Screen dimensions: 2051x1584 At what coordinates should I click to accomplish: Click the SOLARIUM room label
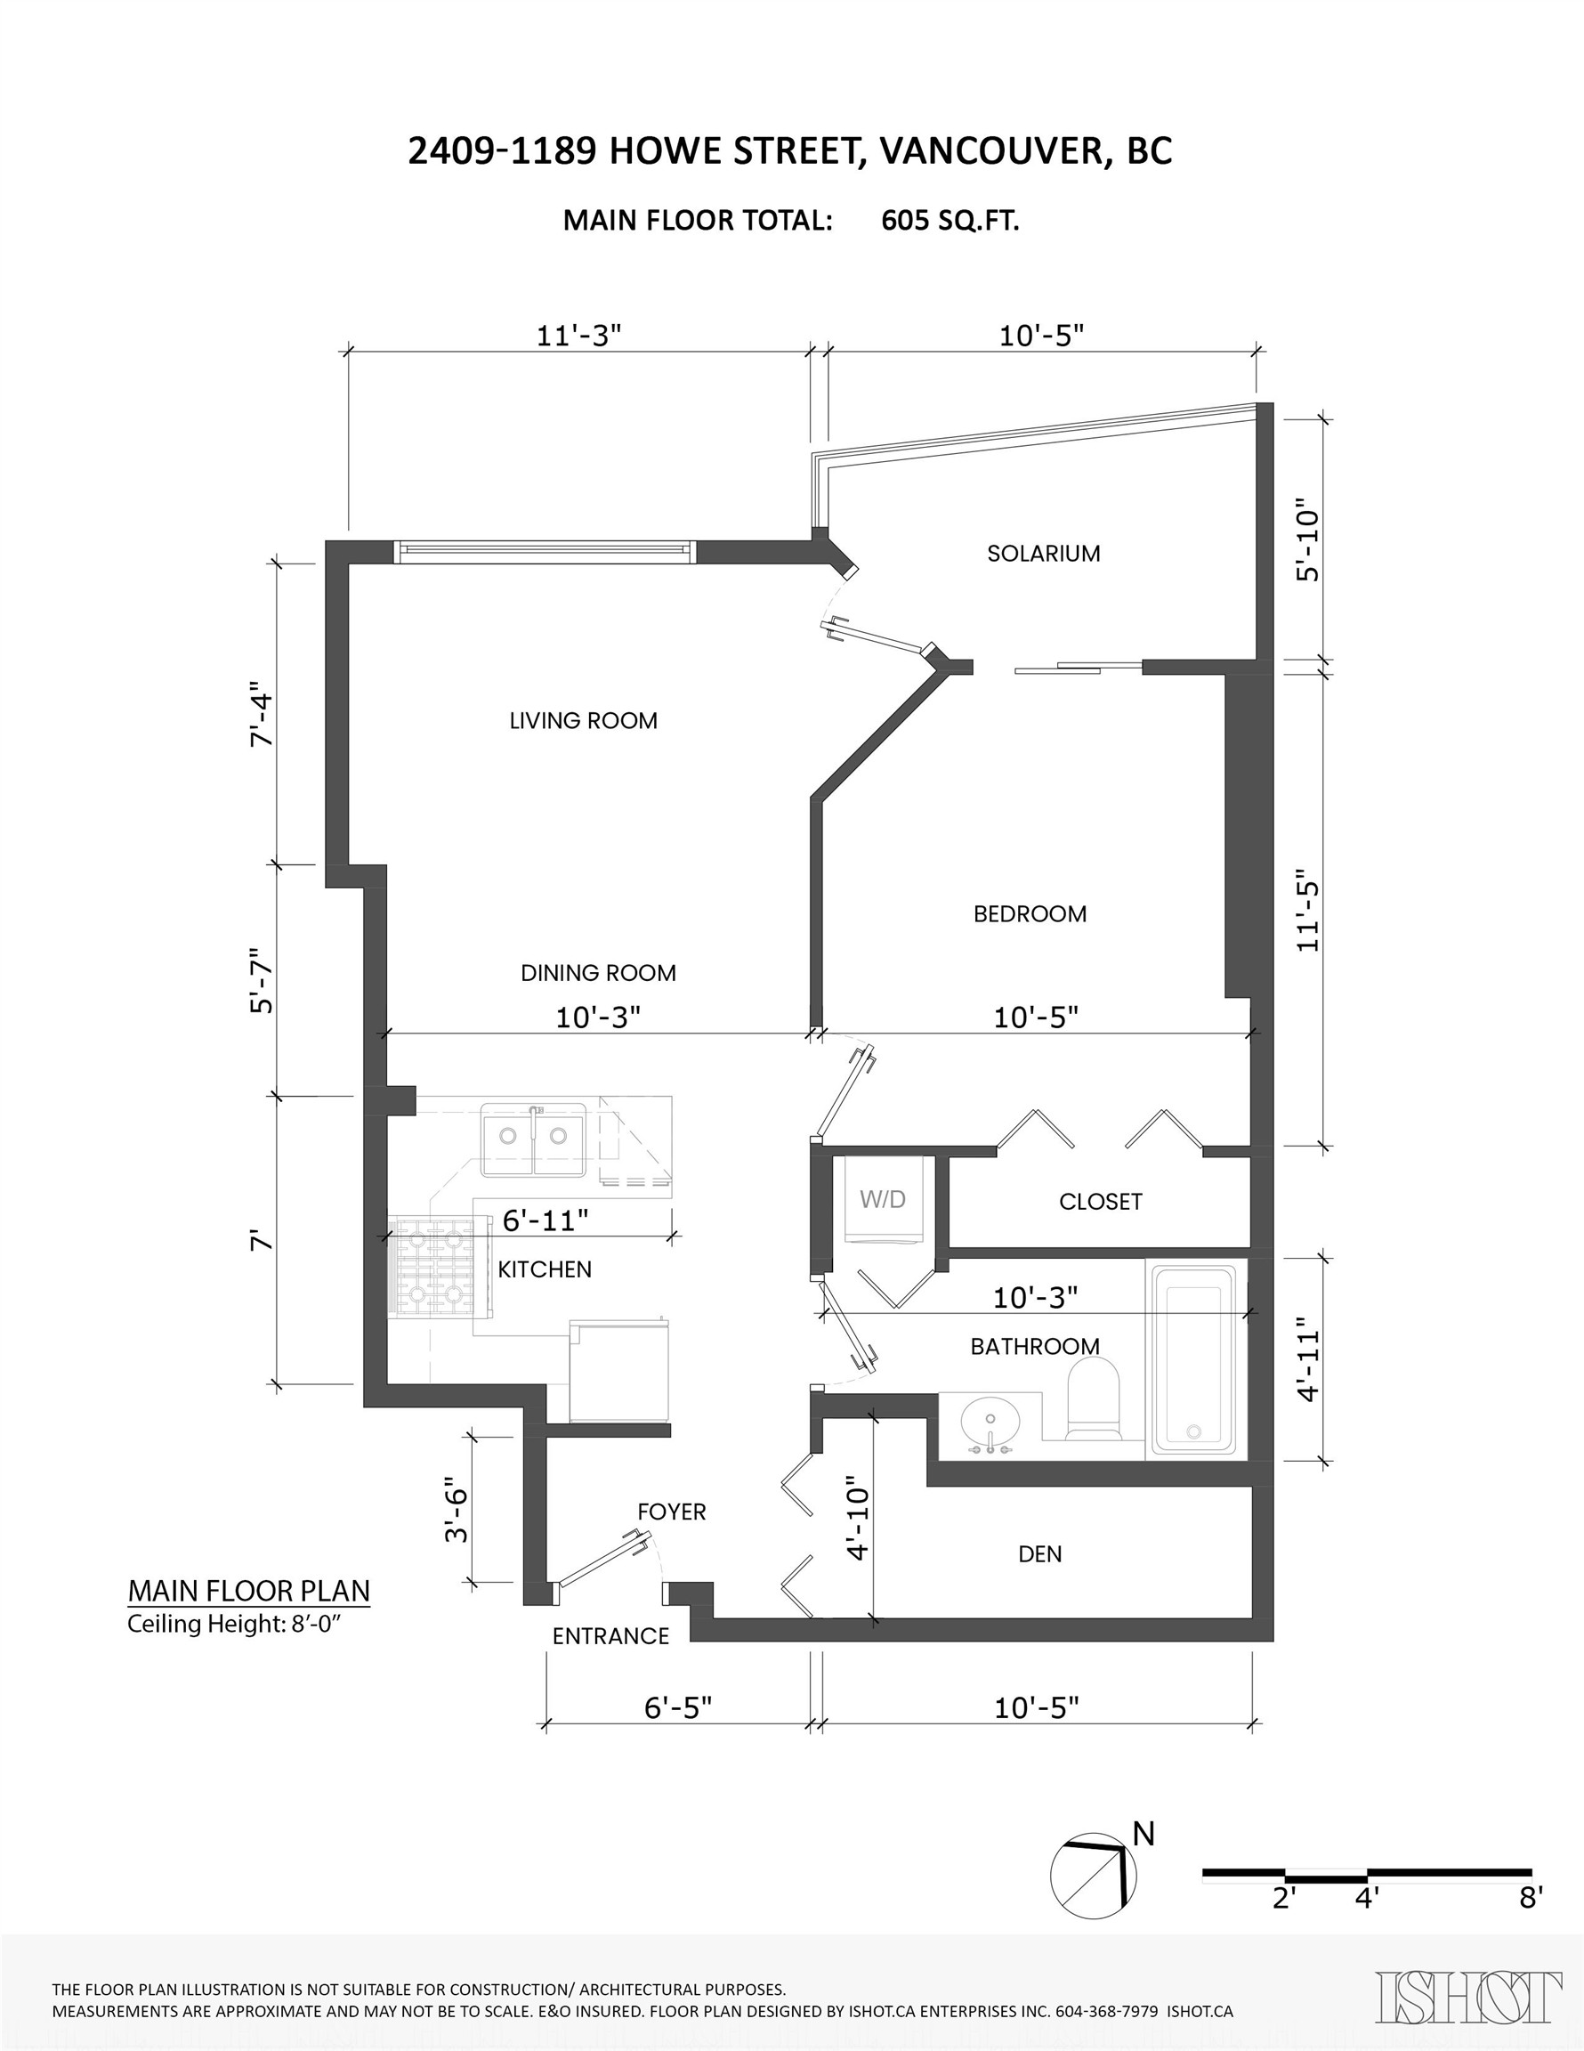coord(1043,553)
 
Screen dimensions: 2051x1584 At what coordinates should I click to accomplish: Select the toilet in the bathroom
coord(1094,1404)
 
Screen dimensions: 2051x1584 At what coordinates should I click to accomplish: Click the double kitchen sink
coord(533,1139)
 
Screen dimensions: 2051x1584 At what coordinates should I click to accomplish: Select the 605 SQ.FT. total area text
coord(950,221)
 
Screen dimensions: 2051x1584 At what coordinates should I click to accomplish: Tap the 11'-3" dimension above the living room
coord(579,336)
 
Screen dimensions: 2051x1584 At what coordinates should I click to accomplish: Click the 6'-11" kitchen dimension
coord(546,1220)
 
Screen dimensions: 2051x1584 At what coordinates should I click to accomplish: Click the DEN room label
coord(1040,1554)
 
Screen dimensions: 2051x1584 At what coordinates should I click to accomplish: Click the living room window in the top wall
coord(545,552)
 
